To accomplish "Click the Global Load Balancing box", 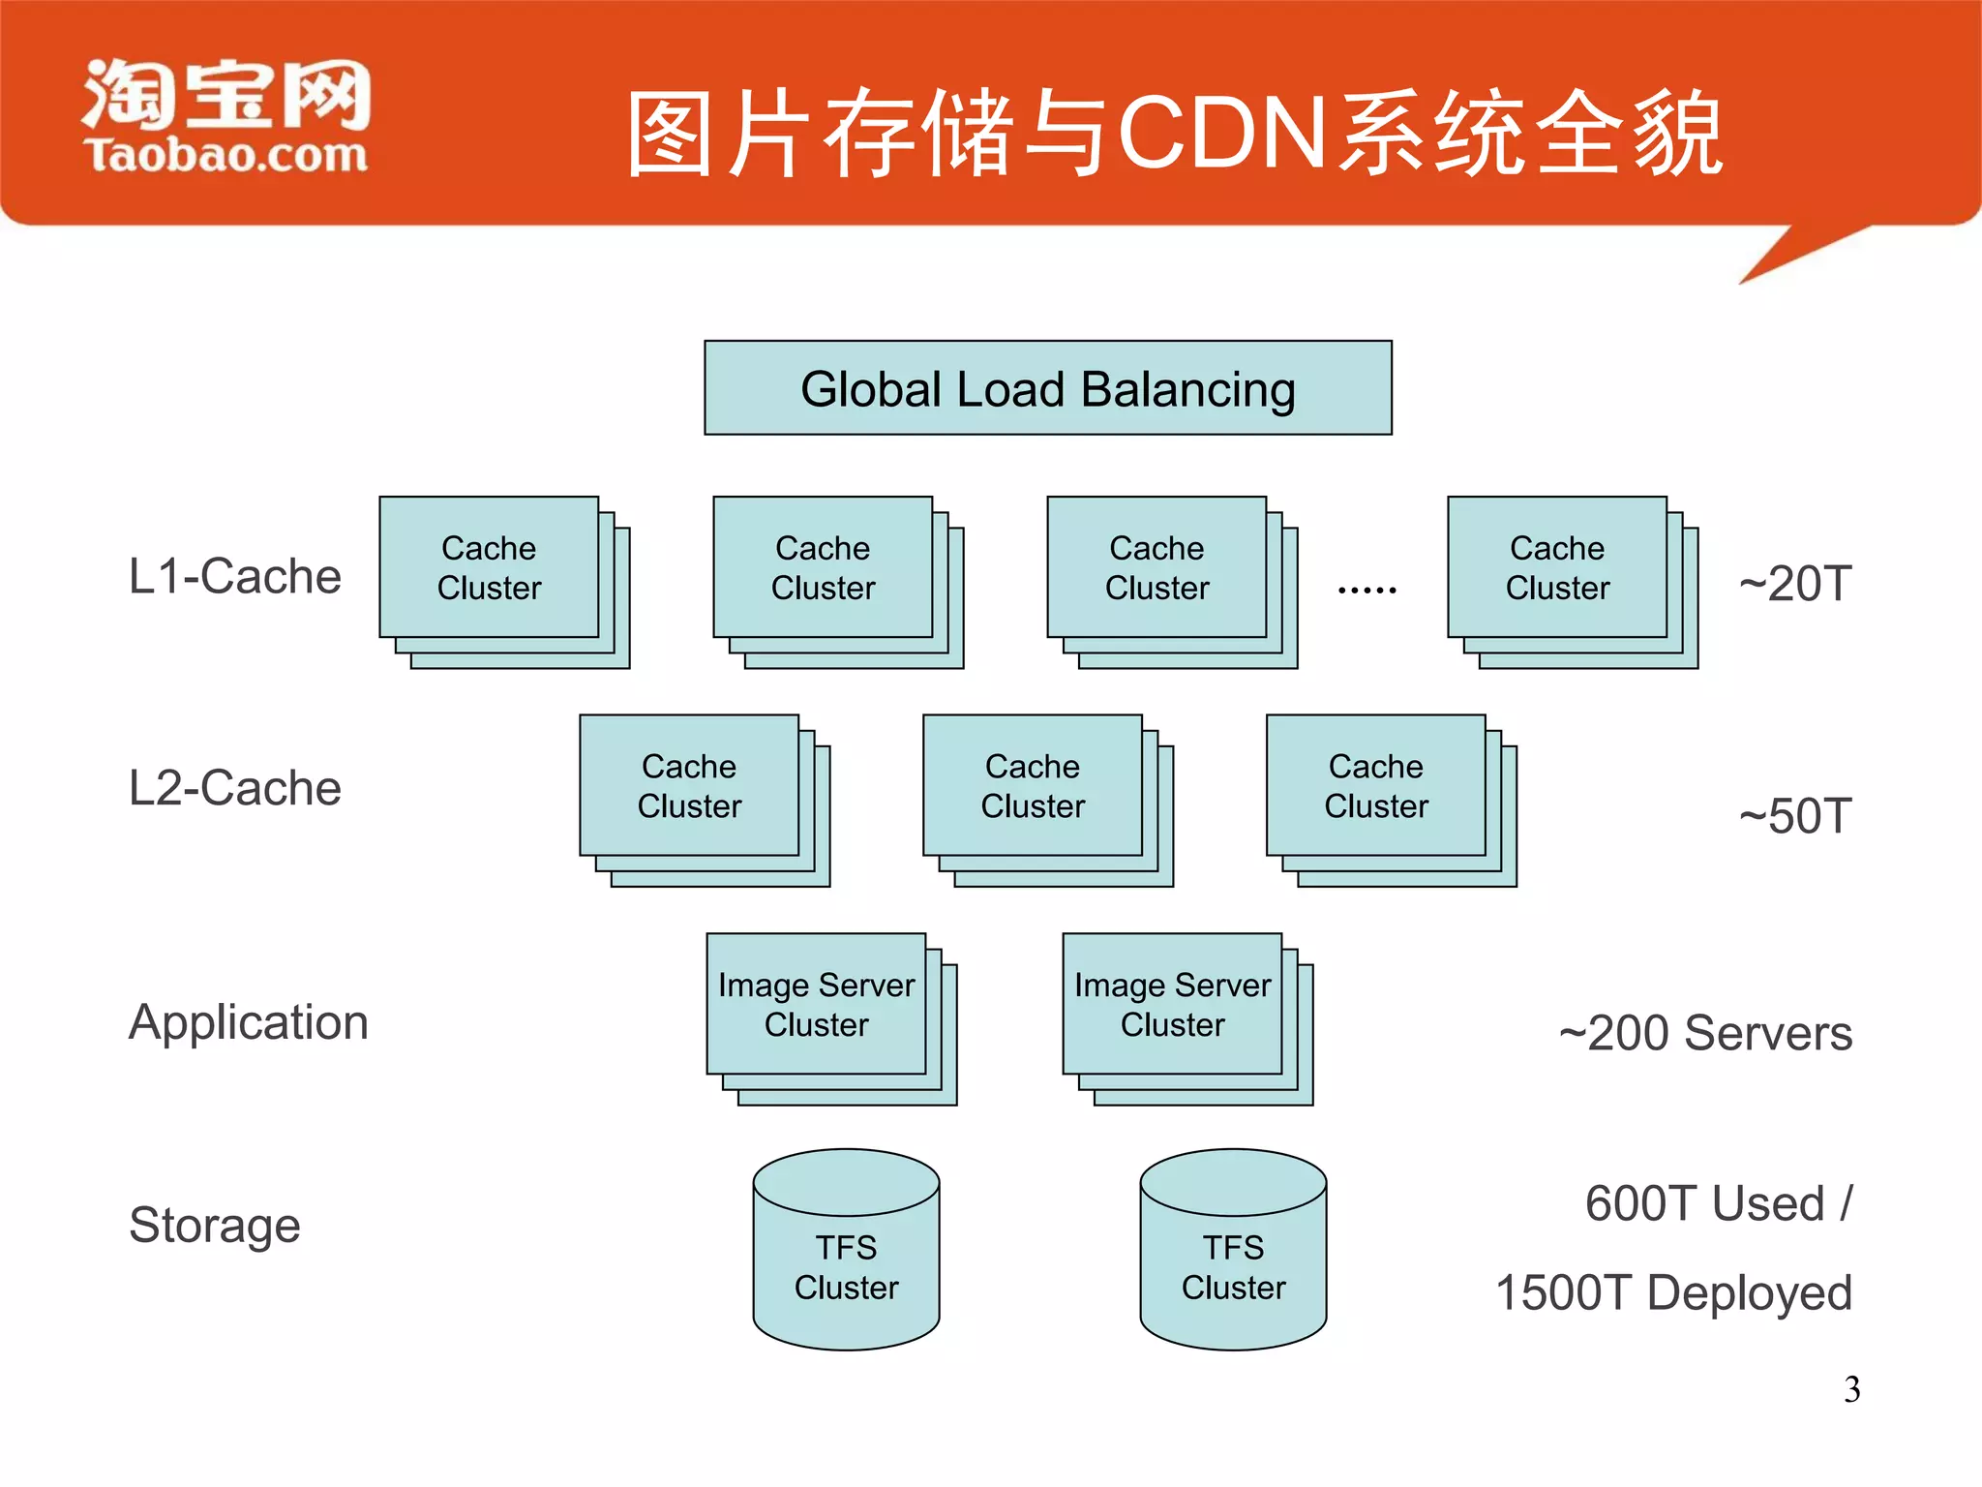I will click(x=1047, y=388).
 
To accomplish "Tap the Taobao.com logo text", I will click(x=226, y=155).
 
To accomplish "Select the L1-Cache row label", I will click(x=234, y=576).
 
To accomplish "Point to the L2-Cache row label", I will click(x=234, y=787).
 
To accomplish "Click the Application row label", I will click(x=248, y=1022).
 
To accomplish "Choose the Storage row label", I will click(x=214, y=1225).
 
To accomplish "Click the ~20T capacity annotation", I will click(x=1794, y=584).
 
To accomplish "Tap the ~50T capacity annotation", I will click(x=1794, y=815).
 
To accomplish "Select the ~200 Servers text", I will click(x=1705, y=1032).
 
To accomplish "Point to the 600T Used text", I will click(x=1717, y=1203).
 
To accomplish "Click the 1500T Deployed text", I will click(x=1673, y=1292).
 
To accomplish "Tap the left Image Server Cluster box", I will click(x=816, y=1004).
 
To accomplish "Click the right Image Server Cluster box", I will click(x=1172, y=1004).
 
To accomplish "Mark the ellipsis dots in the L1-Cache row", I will click(x=1366, y=589).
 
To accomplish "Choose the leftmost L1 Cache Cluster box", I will click(x=489, y=567).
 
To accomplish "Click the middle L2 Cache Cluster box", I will click(x=1033, y=785).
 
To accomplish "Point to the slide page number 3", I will click(x=1851, y=1389).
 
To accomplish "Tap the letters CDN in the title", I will click(x=1221, y=133).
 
